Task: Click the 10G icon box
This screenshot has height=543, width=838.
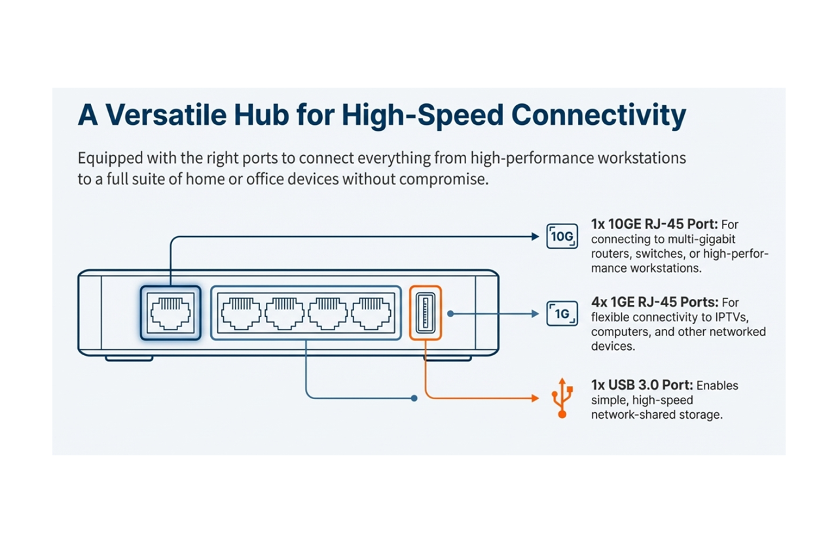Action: click(562, 236)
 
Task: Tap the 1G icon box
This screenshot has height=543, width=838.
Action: click(562, 314)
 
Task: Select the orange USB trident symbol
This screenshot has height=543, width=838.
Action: click(562, 398)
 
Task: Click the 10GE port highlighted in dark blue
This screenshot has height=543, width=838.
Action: click(170, 312)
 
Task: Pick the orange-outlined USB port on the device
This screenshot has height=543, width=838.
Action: click(426, 312)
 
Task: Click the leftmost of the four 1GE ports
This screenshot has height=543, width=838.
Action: click(242, 312)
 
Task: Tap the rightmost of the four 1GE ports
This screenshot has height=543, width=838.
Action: click(371, 312)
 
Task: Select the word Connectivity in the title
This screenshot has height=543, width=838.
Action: click(598, 115)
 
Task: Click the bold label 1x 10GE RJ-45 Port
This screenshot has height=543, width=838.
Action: click(653, 224)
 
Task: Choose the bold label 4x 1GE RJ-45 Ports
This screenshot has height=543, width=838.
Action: click(655, 302)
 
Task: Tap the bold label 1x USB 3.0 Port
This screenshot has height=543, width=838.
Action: click(642, 385)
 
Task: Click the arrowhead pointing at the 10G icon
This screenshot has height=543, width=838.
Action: click(536, 237)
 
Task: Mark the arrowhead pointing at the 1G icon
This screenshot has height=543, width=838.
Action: click(536, 314)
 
